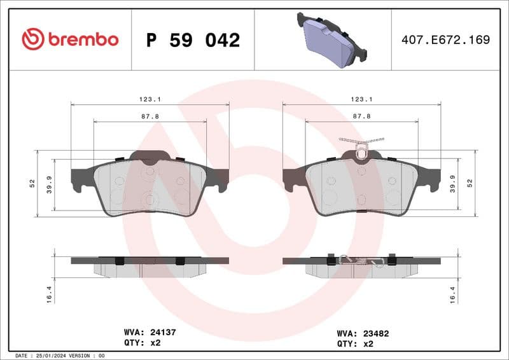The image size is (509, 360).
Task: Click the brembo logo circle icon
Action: pyautogui.click(x=33, y=39)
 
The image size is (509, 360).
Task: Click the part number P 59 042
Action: pyautogui.click(x=193, y=40)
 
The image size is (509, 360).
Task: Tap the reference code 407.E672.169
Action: pyautogui.click(x=445, y=40)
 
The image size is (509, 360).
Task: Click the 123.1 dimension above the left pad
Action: pyautogui.click(x=150, y=99)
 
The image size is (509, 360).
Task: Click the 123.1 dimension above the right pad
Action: pyautogui.click(x=361, y=99)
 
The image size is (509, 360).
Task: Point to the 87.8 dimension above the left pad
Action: pyautogui.click(x=150, y=116)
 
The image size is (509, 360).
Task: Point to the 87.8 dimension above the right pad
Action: pyautogui.click(x=361, y=116)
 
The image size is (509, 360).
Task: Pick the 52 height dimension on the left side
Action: pyautogui.click(x=31, y=183)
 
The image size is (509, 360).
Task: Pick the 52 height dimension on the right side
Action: pyautogui.click(x=470, y=183)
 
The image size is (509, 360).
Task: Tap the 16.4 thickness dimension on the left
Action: pyautogui.click(x=48, y=293)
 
